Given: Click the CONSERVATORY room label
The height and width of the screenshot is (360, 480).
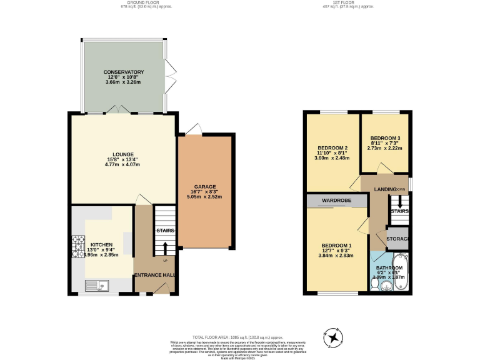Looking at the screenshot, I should click(124, 72).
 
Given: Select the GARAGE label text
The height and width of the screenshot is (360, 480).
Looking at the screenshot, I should click(204, 187).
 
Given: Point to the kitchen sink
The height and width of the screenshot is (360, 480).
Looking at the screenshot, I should click(99, 286).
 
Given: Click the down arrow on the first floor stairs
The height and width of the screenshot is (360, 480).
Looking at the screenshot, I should click(399, 203).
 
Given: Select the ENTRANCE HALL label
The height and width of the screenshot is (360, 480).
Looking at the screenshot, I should click(155, 275).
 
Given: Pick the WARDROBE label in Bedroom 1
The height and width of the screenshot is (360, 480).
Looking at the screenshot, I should click(336, 201).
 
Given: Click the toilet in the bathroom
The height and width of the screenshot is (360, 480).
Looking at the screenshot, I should click(374, 283).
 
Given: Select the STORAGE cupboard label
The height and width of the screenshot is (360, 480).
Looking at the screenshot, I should click(397, 239).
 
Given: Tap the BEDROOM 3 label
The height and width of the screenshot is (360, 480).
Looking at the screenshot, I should click(386, 138).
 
